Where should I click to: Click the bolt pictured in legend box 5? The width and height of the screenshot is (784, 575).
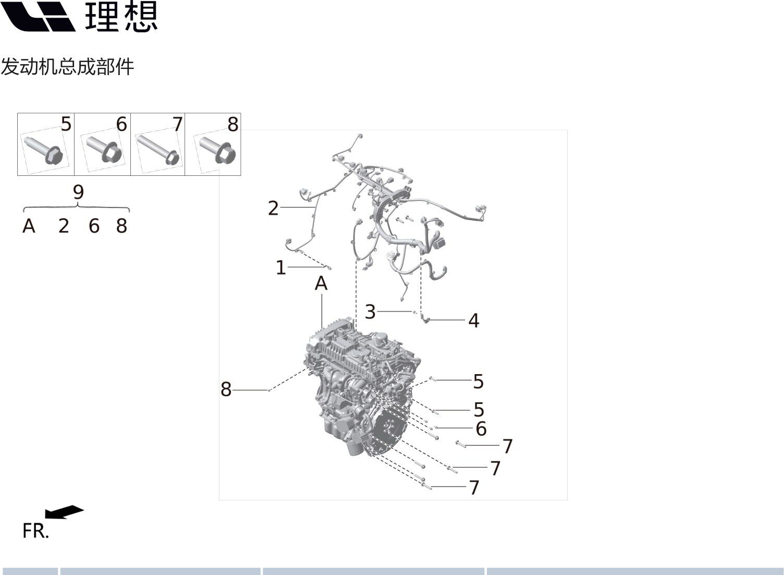(44, 151)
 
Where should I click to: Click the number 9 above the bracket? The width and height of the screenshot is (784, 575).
(78, 192)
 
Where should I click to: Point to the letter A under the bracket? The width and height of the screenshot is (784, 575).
(29, 226)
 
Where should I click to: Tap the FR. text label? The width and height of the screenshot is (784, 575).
(35, 531)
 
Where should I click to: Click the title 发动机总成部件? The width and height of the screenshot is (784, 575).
(68, 67)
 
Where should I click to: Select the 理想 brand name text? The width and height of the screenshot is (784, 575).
(121, 17)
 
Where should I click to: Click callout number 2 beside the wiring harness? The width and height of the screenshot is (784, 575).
(273, 209)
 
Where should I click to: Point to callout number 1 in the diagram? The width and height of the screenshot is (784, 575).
(280, 268)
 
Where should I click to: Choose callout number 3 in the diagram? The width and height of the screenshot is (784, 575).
(370, 312)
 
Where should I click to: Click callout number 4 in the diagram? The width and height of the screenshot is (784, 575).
(473, 320)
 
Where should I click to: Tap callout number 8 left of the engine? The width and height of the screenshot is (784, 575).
(226, 389)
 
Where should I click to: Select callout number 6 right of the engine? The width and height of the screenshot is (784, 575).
(481, 429)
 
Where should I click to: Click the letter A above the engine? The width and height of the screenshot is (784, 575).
(321, 283)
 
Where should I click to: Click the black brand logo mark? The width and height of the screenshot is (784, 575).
(38, 16)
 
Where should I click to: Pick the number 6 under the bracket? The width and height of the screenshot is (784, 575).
(94, 226)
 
